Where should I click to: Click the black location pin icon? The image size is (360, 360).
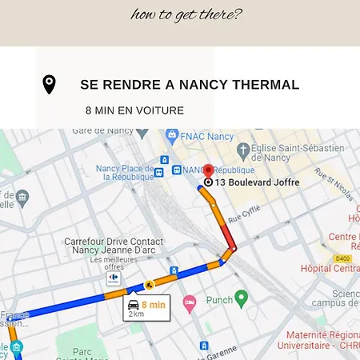(49, 85)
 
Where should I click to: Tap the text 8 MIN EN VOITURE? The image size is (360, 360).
(134, 110)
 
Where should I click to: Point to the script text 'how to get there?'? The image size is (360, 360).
(186, 14)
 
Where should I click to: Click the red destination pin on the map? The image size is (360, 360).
(208, 171)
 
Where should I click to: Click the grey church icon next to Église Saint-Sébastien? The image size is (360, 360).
(242, 149)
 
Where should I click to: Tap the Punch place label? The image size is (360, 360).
(219, 300)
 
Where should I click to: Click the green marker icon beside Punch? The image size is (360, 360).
(241, 298)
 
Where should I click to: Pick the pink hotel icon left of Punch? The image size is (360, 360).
(189, 302)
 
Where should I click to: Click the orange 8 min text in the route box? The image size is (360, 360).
(153, 304)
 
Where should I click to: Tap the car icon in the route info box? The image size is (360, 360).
(133, 304)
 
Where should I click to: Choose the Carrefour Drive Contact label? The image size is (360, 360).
(114, 241)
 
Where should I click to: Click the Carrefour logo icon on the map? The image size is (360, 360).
(114, 278)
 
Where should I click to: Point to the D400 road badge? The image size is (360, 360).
(342, 258)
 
